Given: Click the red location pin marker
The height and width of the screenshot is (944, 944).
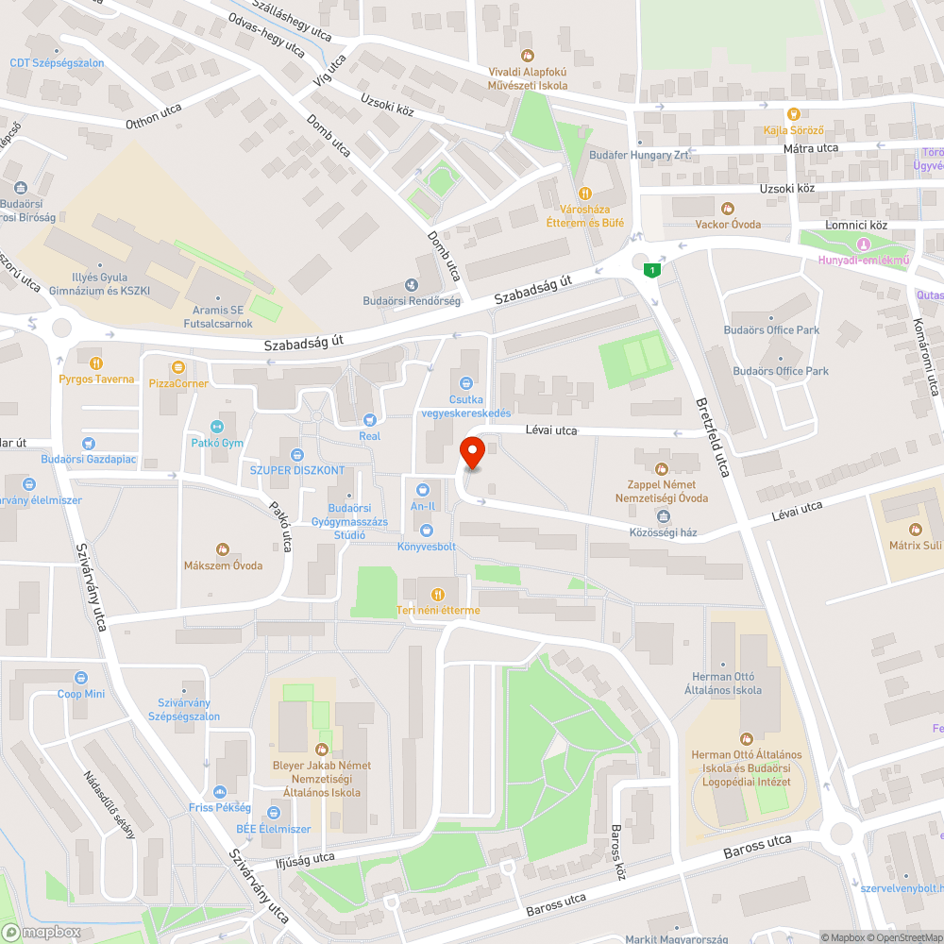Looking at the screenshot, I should [x=472, y=453].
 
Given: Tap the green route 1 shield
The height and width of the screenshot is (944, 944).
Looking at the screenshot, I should [x=650, y=271].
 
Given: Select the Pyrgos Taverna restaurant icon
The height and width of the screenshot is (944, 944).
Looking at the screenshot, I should [x=95, y=362].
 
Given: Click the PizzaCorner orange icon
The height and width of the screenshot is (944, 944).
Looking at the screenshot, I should [x=177, y=367].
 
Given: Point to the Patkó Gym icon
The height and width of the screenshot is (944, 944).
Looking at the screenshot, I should [x=218, y=426].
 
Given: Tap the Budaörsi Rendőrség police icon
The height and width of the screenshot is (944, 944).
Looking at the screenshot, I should [x=411, y=285].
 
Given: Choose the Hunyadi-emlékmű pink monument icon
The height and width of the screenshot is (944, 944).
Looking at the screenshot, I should [x=863, y=244].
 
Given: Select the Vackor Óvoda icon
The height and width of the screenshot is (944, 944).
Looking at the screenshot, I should [x=727, y=208].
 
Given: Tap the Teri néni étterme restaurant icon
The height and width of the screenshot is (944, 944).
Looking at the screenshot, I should [x=437, y=594].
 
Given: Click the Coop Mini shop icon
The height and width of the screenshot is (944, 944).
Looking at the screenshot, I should [x=81, y=678].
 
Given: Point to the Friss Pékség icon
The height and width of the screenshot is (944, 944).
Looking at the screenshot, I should [x=219, y=792].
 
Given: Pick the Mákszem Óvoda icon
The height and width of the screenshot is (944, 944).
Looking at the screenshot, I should [x=223, y=549].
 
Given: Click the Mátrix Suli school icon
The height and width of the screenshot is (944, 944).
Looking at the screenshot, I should [x=914, y=530].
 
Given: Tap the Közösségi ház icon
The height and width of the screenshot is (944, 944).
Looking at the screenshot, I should [x=663, y=515].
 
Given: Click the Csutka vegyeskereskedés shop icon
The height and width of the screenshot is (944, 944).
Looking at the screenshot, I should [x=465, y=383].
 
